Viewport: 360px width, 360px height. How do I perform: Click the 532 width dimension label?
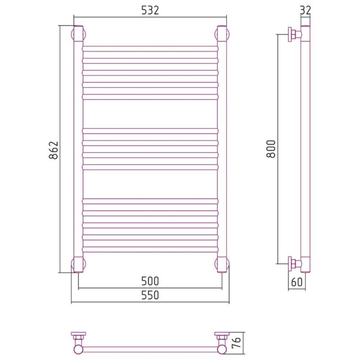click(x=150, y=10)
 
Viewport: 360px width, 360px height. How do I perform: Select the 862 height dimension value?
click(x=53, y=150)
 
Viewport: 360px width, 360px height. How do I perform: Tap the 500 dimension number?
click(x=150, y=281)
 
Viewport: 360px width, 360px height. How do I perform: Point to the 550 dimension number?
click(x=150, y=295)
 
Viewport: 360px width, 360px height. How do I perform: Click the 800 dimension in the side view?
click(x=271, y=149)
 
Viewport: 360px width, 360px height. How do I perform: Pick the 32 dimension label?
click(x=305, y=10)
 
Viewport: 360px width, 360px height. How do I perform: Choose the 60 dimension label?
click(x=297, y=282)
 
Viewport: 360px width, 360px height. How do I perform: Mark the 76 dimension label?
click(x=236, y=343)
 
